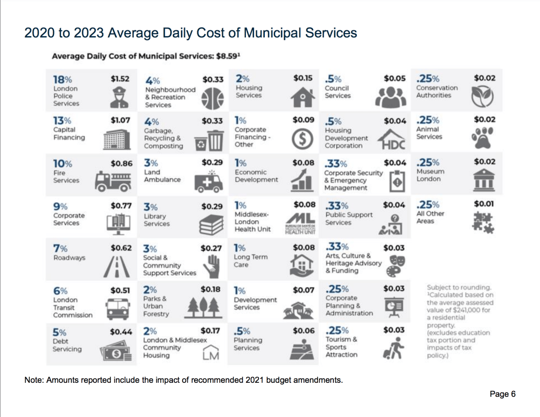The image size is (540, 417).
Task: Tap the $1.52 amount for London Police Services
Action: click(120, 78)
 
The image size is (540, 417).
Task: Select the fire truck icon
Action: click(113, 182)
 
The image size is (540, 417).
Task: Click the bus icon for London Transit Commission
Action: click(118, 309)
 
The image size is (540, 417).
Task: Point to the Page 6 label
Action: click(502, 394)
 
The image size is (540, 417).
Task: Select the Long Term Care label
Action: click(250, 261)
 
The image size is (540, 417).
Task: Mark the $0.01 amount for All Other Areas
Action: click(485, 204)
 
